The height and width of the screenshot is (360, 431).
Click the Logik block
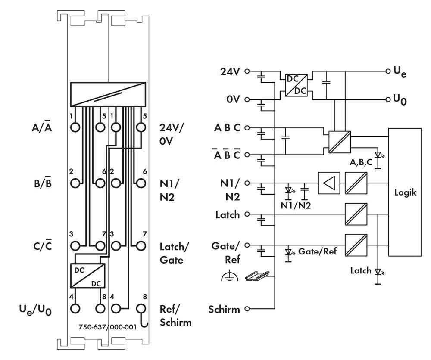coord(405,192)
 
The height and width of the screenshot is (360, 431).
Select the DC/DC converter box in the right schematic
coord(296,85)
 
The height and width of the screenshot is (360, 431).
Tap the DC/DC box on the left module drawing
coord(88,275)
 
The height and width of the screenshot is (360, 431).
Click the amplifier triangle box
coord(328,183)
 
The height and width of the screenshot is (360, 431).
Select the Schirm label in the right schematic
coord(224,309)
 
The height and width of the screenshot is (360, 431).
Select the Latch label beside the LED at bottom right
coord(360,270)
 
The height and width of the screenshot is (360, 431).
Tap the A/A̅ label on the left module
coord(42,127)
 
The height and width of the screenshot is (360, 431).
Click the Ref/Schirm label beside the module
coord(175,315)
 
